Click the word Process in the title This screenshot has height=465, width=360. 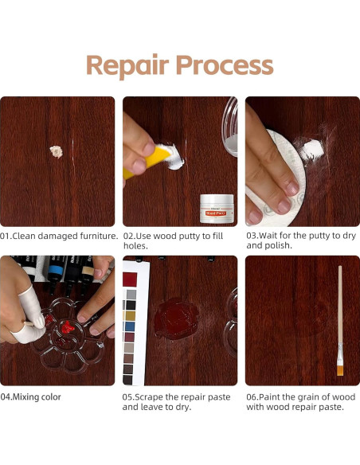coord(225,65)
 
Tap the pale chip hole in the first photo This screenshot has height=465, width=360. coord(57,150)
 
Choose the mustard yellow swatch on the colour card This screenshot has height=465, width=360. coord(130,315)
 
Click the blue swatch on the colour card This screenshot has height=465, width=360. coord(130,326)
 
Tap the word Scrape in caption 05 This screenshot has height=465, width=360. coord(151,396)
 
